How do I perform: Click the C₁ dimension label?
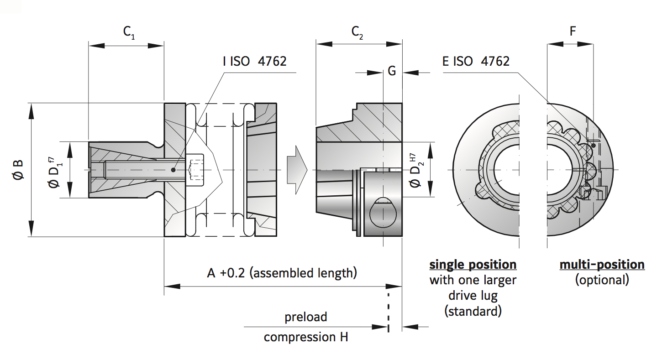coord(129,32)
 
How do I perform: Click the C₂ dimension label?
coord(357,32)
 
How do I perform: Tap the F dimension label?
coord(573,31)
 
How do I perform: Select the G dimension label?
coord(392,71)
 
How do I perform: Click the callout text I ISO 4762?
coord(254,61)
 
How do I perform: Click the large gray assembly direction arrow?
coord(297,170)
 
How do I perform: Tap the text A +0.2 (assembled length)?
coord(282,273)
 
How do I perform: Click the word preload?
coord(306,317)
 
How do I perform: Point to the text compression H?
coord(306,337)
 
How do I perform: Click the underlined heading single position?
coord(473,265)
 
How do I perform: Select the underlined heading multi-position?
coord(602,265)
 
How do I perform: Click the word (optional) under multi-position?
coord(602,280)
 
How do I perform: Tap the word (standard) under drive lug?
coord(473,311)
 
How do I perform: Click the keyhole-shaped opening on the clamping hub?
coord(383,212)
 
